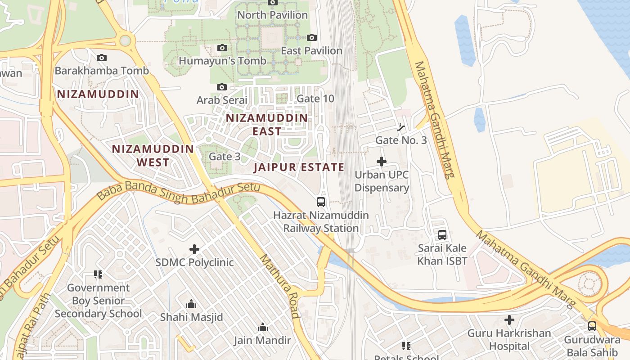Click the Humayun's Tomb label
[x=222, y=61]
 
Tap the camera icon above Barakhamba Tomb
[x=102, y=58]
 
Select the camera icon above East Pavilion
[x=311, y=38]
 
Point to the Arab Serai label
[x=222, y=100]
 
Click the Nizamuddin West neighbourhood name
[x=153, y=155]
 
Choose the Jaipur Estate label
[x=299, y=167]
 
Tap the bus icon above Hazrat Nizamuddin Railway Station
[x=320, y=202]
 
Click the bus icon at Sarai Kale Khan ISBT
[x=442, y=235]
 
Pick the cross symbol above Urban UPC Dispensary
[x=382, y=162]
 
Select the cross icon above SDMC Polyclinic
[x=194, y=249]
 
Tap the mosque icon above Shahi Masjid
[x=191, y=304]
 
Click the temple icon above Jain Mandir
[x=262, y=328]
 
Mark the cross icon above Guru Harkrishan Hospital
[x=509, y=320]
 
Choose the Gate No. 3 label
[x=401, y=140]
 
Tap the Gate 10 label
[x=315, y=99]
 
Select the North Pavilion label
[x=272, y=15]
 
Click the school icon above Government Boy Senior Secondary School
[x=98, y=274]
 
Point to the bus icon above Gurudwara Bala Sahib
[x=592, y=326]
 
